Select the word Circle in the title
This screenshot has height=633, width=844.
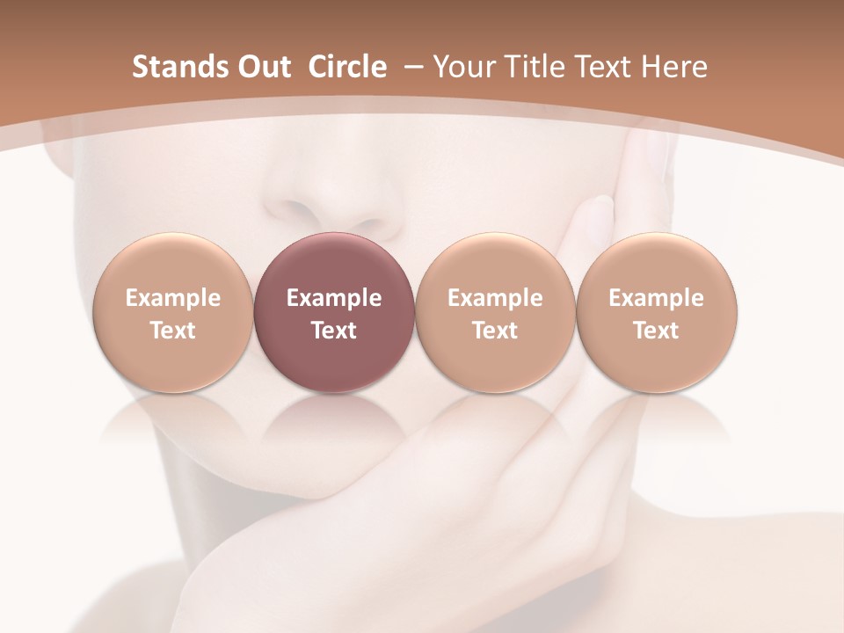[x=347, y=67]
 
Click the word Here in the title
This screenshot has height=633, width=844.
[x=673, y=67]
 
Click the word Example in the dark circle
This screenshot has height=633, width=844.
[x=334, y=298]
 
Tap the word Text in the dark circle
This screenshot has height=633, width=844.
[x=334, y=331]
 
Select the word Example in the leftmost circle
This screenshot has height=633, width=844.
[x=173, y=298]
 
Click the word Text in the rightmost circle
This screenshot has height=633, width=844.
[x=657, y=331]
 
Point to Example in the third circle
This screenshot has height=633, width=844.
[x=495, y=298]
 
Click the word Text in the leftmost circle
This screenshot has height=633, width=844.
[x=173, y=331]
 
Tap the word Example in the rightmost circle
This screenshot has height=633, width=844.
[x=657, y=298]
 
